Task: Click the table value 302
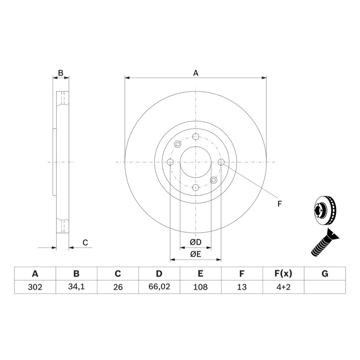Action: [35, 287]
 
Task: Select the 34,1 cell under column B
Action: [76, 287]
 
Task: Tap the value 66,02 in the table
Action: [159, 287]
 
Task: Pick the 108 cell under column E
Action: [201, 287]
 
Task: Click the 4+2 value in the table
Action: [283, 287]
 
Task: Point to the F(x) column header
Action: [283, 274]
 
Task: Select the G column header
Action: [325, 274]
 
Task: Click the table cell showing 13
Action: [242, 287]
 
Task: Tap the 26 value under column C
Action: [118, 287]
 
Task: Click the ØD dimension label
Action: [196, 242]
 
